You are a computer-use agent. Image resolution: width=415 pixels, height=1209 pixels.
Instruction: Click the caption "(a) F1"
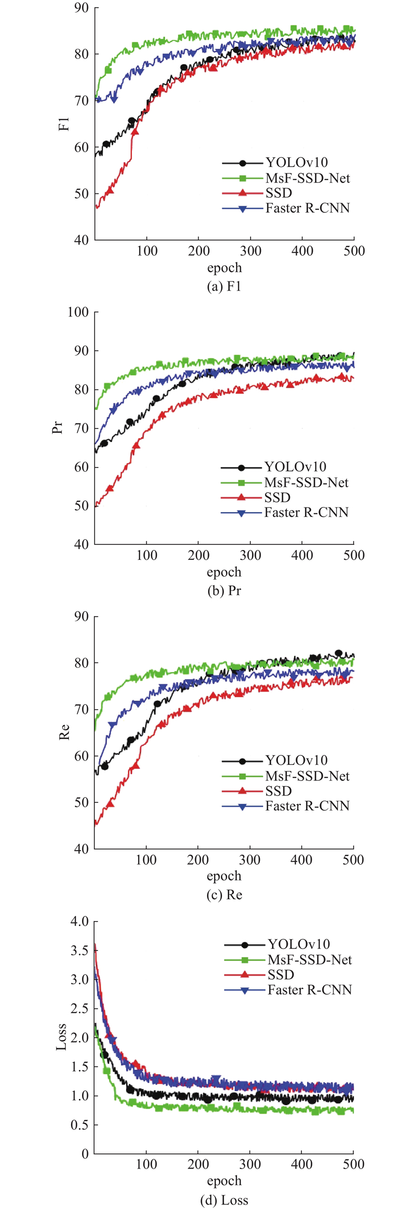224,286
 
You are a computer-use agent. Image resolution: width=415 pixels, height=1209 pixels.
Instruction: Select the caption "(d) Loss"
224,1200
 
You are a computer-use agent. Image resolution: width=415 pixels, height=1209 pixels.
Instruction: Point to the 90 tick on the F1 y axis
81,8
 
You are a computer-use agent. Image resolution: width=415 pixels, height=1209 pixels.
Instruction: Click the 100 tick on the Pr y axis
78,312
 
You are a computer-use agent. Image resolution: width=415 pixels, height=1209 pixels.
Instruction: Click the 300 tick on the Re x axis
250,860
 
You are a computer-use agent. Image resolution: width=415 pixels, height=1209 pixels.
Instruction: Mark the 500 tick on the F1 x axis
354,251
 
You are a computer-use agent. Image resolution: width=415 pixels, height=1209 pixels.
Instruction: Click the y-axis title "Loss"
61,1037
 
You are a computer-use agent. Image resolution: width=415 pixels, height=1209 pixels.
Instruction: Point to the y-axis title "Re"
64,732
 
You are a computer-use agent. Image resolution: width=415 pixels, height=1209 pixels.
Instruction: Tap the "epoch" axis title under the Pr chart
224,572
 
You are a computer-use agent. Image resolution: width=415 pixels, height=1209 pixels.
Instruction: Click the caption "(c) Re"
224,895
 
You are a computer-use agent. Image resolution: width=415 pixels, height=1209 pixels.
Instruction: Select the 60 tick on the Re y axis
81,756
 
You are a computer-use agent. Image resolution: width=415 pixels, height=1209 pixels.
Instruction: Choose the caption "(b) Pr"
224,590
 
